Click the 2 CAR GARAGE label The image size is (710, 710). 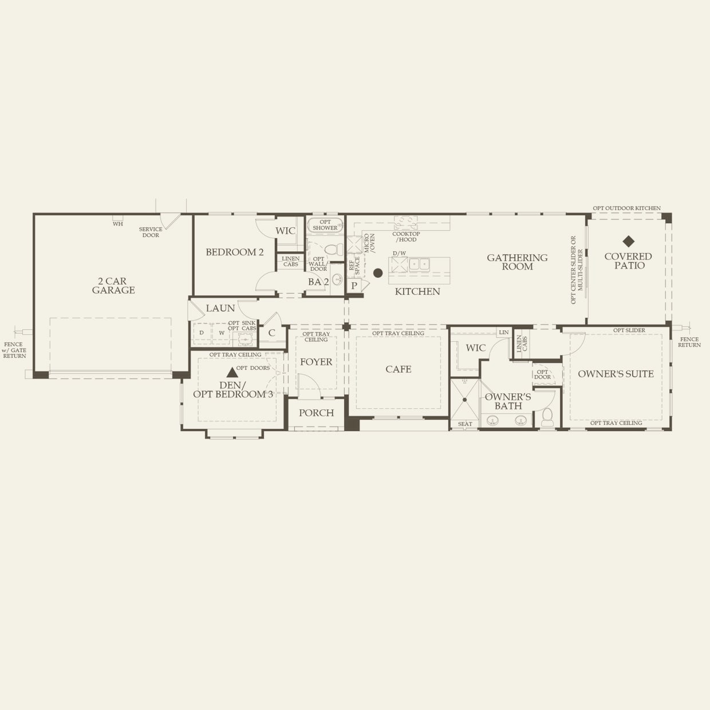pyautogui.click(x=113, y=286)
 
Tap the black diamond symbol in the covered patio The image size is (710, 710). pyautogui.click(x=628, y=241)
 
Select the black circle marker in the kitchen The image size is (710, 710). pyautogui.click(x=378, y=273)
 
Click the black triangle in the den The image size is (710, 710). pyautogui.click(x=232, y=372)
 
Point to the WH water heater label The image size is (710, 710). pyautogui.click(x=117, y=224)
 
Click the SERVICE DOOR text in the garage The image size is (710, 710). pyautogui.click(x=151, y=232)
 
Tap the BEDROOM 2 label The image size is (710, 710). pyautogui.click(x=235, y=252)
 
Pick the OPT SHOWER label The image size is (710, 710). pyautogui.click(x=325, y=225)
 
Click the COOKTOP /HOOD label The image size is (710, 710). pyautogui.click(x=406, y=236)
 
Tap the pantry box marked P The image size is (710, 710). pyautogui.click(x=354, y=285)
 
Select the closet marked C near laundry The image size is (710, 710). pyautogui.click(x=271, y=333)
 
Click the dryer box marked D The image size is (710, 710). pyautogui.click(x=202, y=333)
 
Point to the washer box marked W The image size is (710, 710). pyautogui.click(x=222, y=333)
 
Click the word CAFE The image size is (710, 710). pyautogui.click(x=398, y=369)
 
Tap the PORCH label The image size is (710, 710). pyautogui.click(x=316, y=413)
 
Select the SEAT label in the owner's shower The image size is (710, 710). pyautogui.click(x=465, y=424)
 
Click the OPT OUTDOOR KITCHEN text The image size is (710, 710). pyautogui.click(x=626, y=208)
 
